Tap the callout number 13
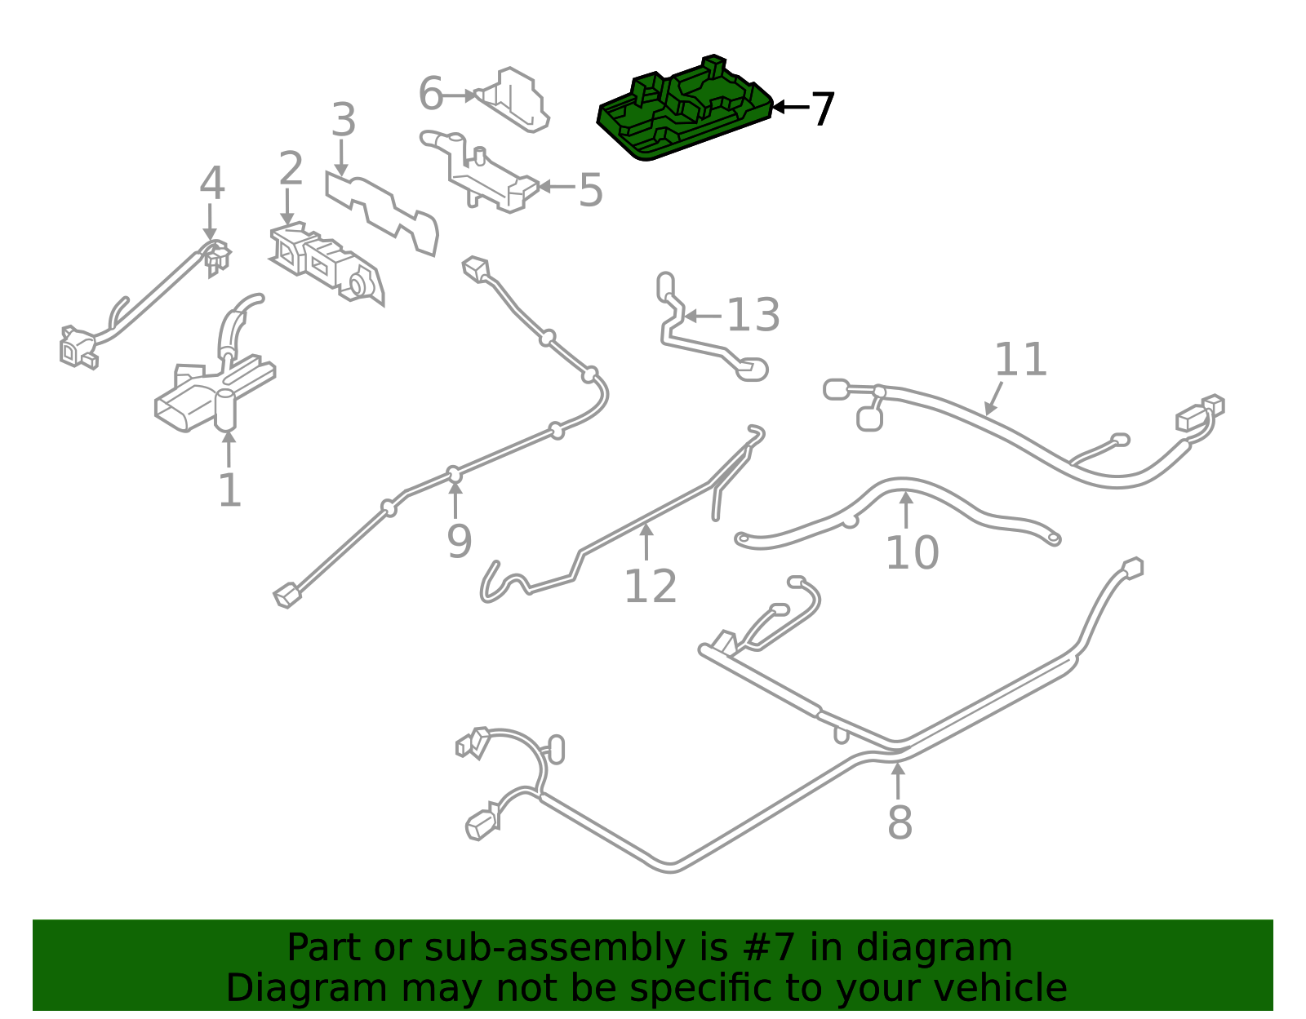point(753,315)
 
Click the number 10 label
point(912,552)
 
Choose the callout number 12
point(651,586)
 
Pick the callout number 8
point(900,822)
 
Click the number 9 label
point(460,542)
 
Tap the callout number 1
point(229,490)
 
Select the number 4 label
point(212,183)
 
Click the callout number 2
point(291,168)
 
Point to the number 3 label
point(343,119)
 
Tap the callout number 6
point(430,94)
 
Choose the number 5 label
point(590,190)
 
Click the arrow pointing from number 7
point(790,108)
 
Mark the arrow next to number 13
point(703,316)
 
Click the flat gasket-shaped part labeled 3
point(382,213)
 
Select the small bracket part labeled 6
point(512,100)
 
